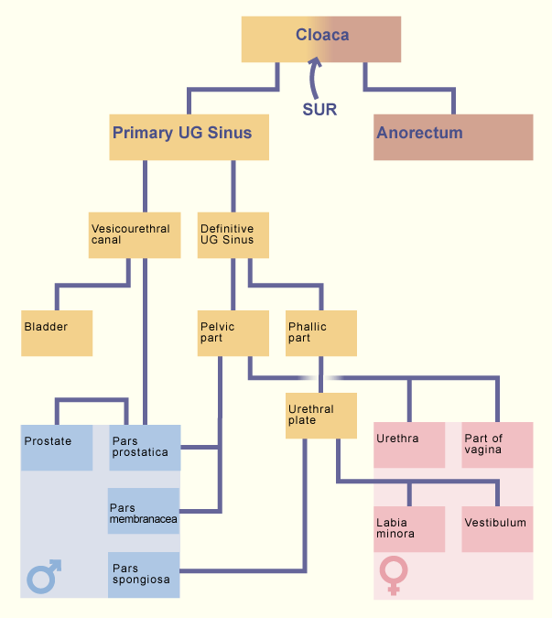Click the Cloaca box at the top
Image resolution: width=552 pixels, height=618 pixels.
point(321,39)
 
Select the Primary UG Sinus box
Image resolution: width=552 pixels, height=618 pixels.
point(189,137)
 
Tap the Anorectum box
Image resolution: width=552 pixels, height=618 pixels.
point(453,137)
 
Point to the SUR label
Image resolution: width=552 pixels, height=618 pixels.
point(319,109)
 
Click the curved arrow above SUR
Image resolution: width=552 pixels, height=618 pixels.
point(312,79)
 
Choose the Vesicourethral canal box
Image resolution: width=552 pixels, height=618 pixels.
point(135,235)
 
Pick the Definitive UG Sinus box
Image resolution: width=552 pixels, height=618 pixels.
point(233,235)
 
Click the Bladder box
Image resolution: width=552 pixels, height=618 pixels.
point(57,333)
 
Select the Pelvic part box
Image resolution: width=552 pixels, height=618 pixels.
point(233,333)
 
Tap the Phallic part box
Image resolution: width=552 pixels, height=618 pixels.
point(321,333)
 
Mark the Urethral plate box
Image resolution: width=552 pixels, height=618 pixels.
point(321,416)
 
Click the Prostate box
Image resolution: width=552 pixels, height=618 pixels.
point(57,448)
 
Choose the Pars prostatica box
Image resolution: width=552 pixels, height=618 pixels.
point(145,448)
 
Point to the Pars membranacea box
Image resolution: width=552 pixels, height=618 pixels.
point(144,511)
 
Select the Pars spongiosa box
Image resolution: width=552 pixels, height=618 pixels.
point(144,575)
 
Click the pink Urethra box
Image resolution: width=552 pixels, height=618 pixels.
point(409,445)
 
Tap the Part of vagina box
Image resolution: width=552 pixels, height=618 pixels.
point(497,445)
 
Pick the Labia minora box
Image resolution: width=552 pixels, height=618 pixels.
point(409,529)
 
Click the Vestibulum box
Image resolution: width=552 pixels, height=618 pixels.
point(497,529)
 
